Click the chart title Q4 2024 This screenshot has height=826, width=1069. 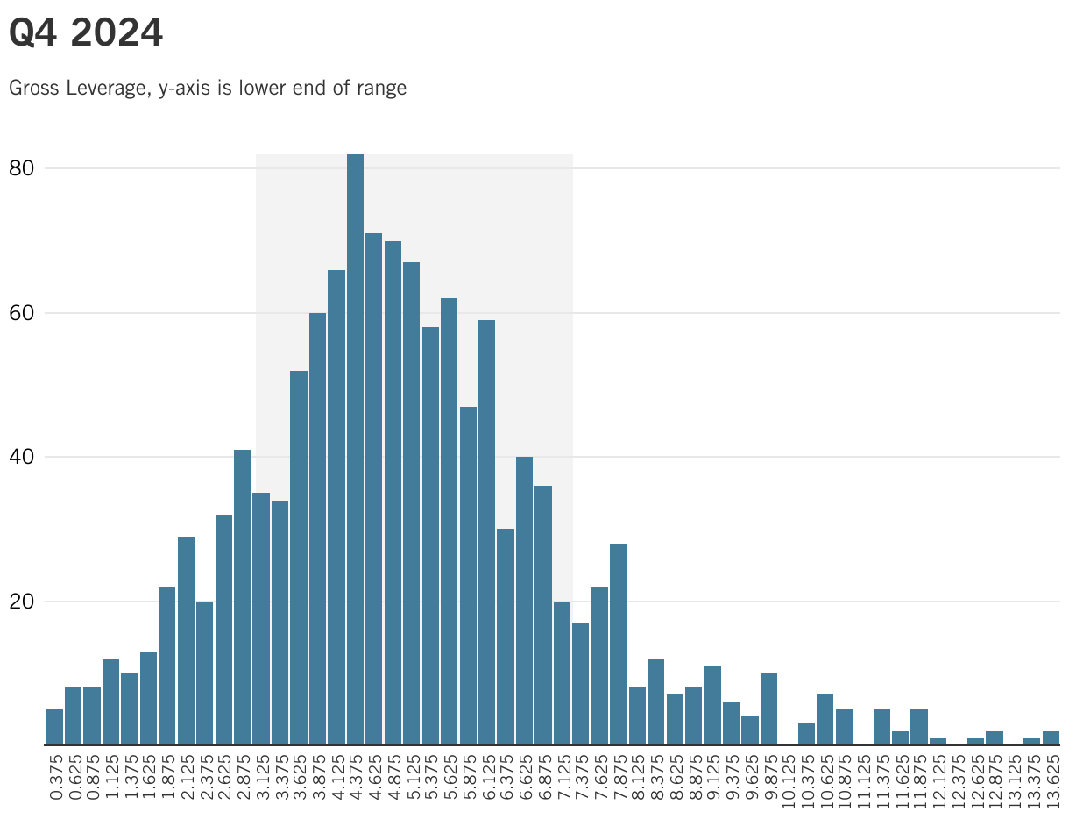86,33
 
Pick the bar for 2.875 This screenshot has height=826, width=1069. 242,597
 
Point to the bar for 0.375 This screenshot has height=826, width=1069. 54,727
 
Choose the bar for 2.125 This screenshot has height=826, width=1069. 186,641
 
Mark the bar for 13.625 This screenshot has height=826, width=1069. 1051,738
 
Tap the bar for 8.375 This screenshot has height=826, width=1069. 655,701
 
